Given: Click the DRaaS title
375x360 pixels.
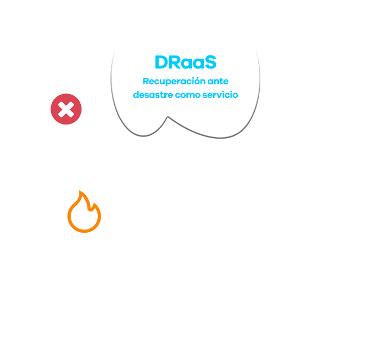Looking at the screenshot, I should coord(185,63).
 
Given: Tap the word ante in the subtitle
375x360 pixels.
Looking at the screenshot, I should coord(218,82).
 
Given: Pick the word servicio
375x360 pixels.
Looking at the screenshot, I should coord(221,95).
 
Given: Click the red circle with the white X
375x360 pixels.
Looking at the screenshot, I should coord(66,109).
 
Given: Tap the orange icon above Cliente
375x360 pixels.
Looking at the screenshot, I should coord(84,213).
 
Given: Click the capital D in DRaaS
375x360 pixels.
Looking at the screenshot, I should coord(161,63).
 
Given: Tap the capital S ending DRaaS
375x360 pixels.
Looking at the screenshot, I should coord(210,63).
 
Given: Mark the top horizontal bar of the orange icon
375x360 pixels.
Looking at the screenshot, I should coord(83,192).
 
